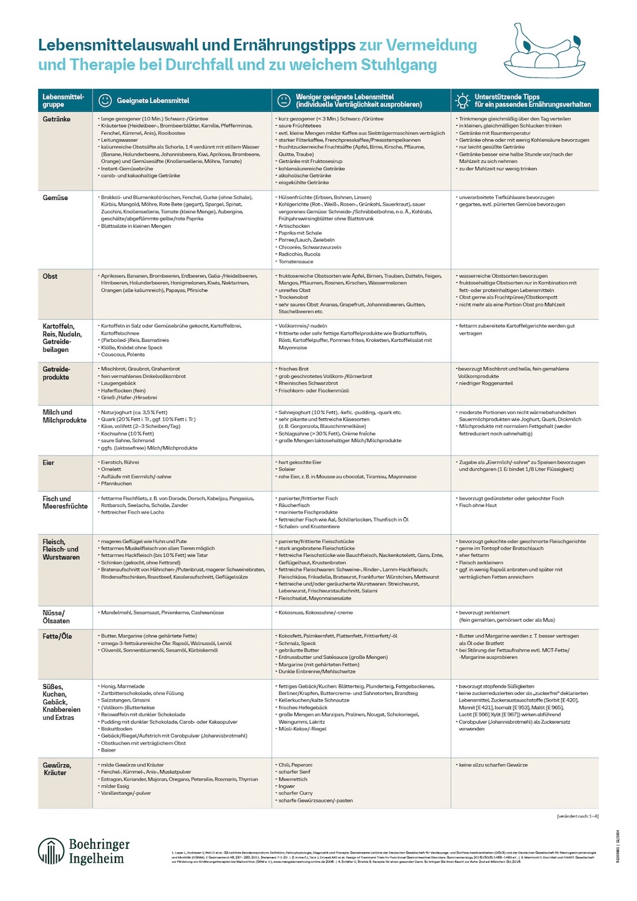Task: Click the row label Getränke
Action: pos(56,119)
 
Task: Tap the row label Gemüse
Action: pos(55,198)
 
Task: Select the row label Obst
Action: pos(50,276)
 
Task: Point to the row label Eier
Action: pos(48,462)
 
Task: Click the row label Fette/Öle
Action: pos(57,636)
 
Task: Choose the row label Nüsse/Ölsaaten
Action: pos(56,617)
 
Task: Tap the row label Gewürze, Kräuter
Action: pos(56,768)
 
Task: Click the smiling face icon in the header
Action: pos(104,100)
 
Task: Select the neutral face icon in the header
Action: pos(283,100)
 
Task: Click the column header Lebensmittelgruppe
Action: pos(63,100)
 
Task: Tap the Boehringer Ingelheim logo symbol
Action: pos(51,851)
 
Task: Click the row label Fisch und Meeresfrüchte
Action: pos(64,502)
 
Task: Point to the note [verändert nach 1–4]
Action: pos(577,816)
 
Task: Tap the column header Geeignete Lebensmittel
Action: pos(153,101)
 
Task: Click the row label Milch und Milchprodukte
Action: pos(64,416)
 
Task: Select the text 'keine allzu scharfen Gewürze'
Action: pos(493,765)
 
